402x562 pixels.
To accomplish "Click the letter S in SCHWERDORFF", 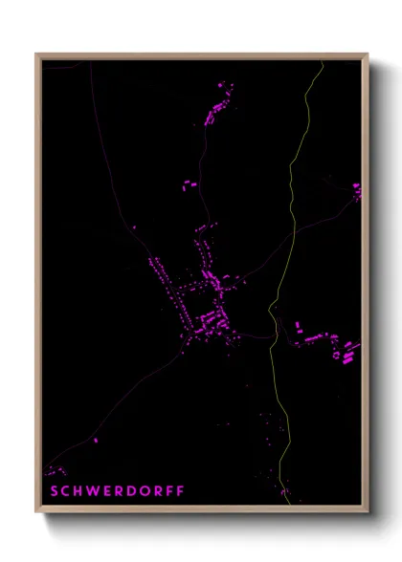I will click(53, 491).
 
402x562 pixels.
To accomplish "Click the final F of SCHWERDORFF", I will click(179, 491).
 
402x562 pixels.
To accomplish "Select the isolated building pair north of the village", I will click(190, 184).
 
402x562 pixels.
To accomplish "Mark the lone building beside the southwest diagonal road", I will click(96, 441).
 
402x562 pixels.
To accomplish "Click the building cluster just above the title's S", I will click(55, 470).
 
